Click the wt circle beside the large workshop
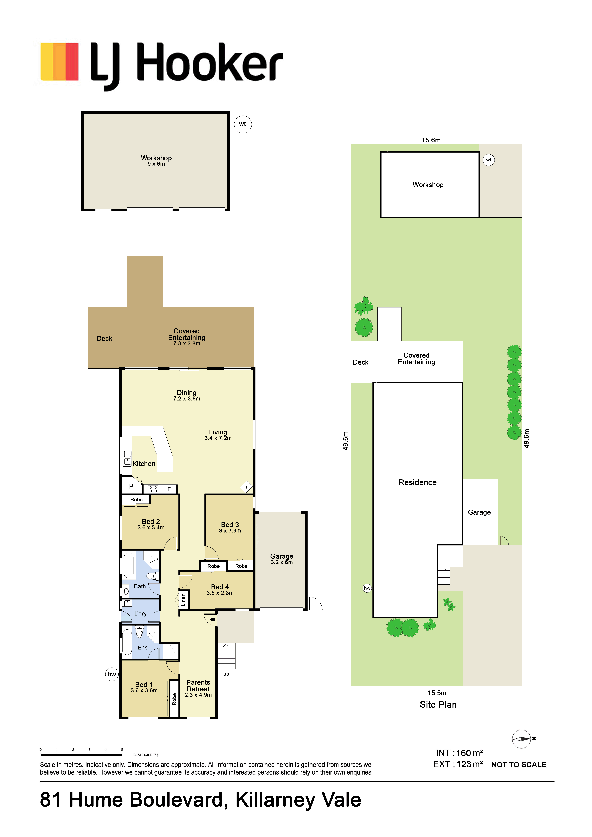(243, 124)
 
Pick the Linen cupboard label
(183, 600)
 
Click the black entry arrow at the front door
(213, 619)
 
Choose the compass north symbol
(522, 739)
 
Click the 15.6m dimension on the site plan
(431, 140)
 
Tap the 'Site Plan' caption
(438, 705)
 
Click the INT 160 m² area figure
(459, 753)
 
